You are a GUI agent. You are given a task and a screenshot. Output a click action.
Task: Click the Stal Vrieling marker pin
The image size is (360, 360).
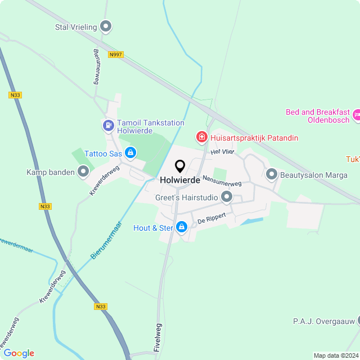click(106, 26)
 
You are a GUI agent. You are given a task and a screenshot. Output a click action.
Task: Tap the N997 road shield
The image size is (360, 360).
click(116, 55)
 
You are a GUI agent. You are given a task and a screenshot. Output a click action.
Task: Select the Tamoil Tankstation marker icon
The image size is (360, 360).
click(108, 124)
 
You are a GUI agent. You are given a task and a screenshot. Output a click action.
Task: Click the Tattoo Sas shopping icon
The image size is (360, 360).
click(130, 152)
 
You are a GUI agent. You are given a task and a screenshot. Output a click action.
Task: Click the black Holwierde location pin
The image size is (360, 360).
click(180, 166)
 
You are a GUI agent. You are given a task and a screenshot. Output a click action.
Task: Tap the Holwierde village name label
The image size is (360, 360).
click(180, 181)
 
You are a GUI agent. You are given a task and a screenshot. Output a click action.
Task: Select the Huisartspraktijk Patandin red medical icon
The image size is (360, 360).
click(200, 137)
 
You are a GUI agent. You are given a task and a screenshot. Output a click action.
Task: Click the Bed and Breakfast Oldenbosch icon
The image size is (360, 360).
click(355, 116)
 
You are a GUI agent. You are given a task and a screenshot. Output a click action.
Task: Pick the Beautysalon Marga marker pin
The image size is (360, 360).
click(271, 174)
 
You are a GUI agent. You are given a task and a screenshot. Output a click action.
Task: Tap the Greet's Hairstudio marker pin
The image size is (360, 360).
click(227, 197)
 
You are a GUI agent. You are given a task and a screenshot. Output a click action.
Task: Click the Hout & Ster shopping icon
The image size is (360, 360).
click(181, 227)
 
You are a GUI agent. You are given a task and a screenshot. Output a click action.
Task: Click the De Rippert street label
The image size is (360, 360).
click(211, 219)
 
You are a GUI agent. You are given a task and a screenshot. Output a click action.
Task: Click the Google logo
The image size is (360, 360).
click(19, 353)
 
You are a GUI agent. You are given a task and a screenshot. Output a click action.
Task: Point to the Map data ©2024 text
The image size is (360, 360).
click(336, 355)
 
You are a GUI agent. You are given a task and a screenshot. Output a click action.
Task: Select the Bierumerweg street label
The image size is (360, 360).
click(96, 66)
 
